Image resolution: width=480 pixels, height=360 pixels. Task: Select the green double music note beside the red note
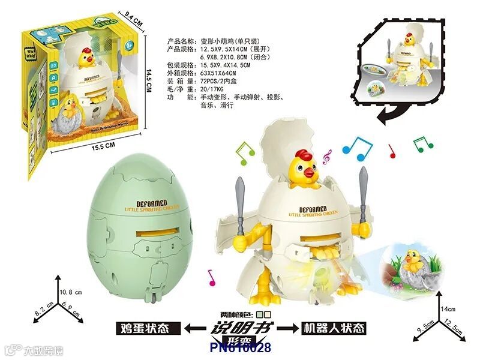tap(423, 143)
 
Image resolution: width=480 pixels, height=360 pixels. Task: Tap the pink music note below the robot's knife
tap(211, 277)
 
